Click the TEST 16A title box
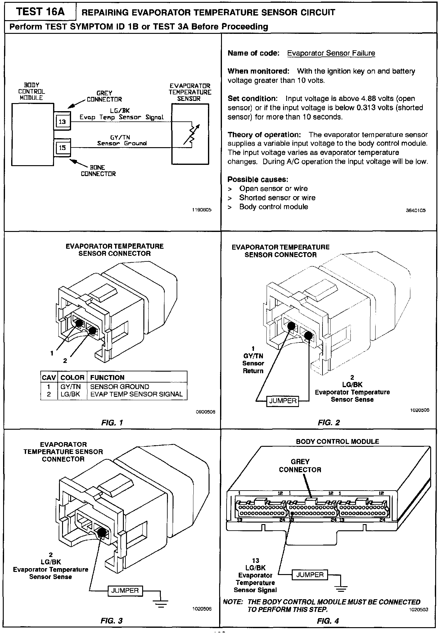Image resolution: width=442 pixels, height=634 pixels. coord(40,12)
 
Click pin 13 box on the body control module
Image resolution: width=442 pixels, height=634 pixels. coord(62,122)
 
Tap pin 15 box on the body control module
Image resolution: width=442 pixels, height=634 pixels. coord(62,148)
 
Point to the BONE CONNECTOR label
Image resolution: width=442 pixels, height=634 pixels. coord(98,170)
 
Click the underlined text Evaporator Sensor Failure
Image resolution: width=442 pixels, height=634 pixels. coord(331,53)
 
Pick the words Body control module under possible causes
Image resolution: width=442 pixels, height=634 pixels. coord(273,207)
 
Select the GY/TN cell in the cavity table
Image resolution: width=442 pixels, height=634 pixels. coord(70,387)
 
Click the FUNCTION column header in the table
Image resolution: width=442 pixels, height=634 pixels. coord(107,378)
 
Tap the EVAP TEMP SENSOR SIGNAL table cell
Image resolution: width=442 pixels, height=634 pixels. coord(136,394)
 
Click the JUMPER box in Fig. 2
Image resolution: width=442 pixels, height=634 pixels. coord(283,401)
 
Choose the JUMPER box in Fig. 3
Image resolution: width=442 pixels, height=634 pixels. coord(125,590)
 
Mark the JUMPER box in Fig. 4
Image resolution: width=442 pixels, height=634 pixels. coord(310,575)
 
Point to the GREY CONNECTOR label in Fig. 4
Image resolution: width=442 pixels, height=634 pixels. coord(300,466)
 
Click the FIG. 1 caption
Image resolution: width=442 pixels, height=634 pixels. coord(112,423)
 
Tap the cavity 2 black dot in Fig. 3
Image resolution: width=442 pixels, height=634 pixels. coord(101,532)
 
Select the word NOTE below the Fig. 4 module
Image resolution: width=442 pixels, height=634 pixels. coord(233,602)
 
